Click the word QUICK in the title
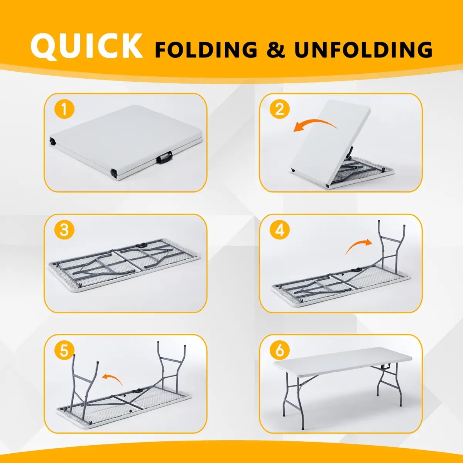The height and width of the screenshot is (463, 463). (x=87, y=46)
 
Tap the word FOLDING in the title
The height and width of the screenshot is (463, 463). (x=206, y=50)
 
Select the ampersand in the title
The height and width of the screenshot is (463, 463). (x=276, y=50)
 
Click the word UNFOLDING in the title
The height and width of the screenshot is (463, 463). (x=363, y=50)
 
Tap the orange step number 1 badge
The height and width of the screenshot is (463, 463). (x=64, y=109)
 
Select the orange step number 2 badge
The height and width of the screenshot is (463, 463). (x=279, y=109)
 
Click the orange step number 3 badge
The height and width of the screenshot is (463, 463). (x=64, y=230)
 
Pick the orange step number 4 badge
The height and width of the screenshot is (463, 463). (x=279, y=230)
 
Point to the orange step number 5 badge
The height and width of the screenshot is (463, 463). (x=64, y=351)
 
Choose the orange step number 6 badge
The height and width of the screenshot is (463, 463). (x=279, y=351)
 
